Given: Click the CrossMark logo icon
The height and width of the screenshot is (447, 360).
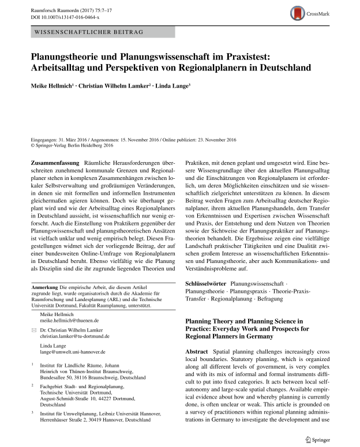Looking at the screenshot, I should tap(298, 12).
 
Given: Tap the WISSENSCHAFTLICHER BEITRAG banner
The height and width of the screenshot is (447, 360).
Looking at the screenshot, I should tap(89, 32).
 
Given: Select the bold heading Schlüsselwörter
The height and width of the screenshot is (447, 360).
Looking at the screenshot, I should tap(205, 284).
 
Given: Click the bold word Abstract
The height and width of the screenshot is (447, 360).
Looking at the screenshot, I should tap(196, 352).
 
